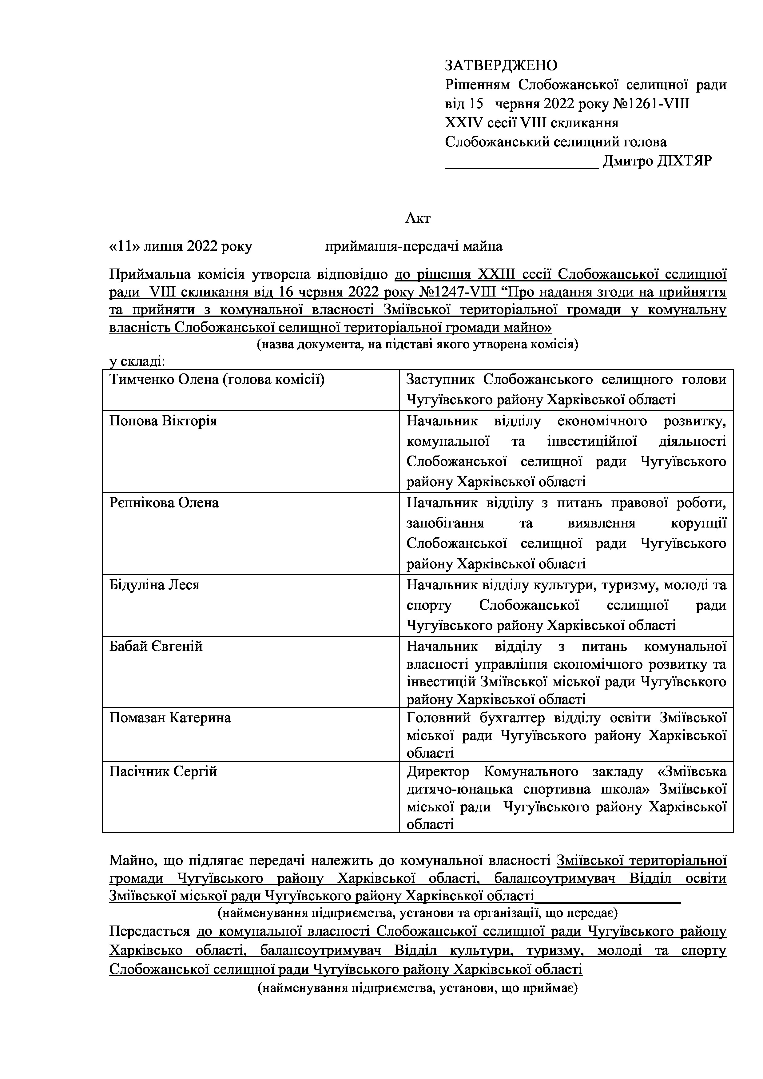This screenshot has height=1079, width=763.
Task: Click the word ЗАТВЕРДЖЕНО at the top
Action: (x=501, y=65)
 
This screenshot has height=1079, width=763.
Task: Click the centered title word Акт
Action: (x=418, y=218)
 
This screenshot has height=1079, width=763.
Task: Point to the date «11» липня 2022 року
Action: (x=181, y=246)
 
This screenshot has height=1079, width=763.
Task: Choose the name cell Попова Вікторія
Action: (x=163, y=420)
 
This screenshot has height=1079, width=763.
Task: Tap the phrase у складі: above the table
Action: (x=137, y=361)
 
